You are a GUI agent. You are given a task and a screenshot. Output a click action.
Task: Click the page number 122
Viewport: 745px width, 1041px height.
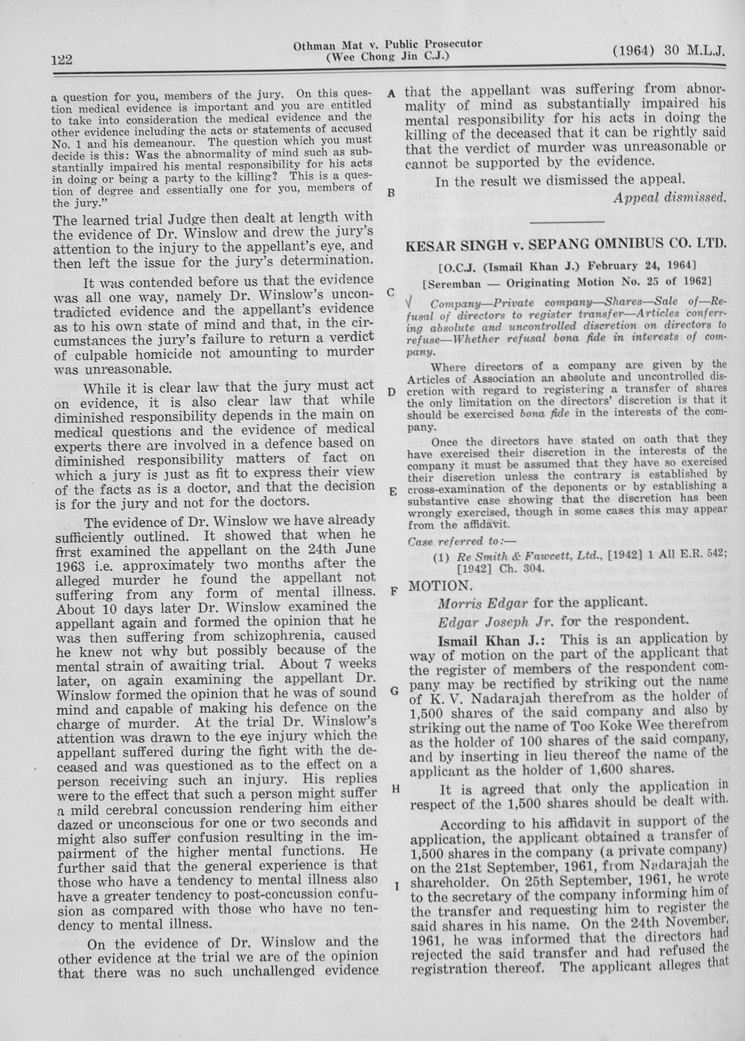62,60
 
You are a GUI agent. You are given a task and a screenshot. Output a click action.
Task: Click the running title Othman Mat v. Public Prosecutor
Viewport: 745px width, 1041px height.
387,45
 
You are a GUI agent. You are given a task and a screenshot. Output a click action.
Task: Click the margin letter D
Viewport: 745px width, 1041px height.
392,392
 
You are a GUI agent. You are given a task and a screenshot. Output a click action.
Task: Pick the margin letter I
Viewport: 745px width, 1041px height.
397,885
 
